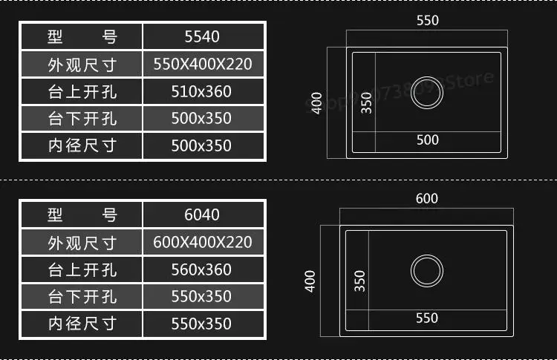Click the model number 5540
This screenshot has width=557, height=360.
click(x=202, y=36)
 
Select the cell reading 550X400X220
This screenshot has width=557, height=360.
click(x=202, y=64)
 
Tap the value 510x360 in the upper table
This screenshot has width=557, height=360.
click(x=202, y=91)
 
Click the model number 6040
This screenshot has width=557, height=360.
click(x=202, y=215)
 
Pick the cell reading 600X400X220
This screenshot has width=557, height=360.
click(x=202, y=242)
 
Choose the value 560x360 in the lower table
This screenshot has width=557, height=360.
click(x=202, y=269)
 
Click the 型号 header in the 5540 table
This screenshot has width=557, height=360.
click(x=82, y=36)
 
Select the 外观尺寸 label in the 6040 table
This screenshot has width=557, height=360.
click(x=82, y=242)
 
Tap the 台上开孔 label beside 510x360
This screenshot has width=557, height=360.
click(x=82, y=91)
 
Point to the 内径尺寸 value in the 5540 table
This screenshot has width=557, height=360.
click(x=202, y=145)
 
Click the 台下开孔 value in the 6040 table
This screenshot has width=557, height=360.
click(x=202, y=296)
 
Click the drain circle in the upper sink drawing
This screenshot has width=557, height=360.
click(x=427, y=91)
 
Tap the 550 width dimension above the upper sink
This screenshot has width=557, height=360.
click(x=428, y=21)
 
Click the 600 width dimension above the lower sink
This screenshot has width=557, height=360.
click(x=427, y=198)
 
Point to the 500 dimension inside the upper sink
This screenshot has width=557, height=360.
click(x=427, y=140)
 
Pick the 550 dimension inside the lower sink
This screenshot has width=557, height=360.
click(x=427, y=318)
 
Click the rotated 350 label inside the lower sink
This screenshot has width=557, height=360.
click(x=360, y=281)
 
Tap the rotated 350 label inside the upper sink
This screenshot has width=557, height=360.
click(x=366, y=102)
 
